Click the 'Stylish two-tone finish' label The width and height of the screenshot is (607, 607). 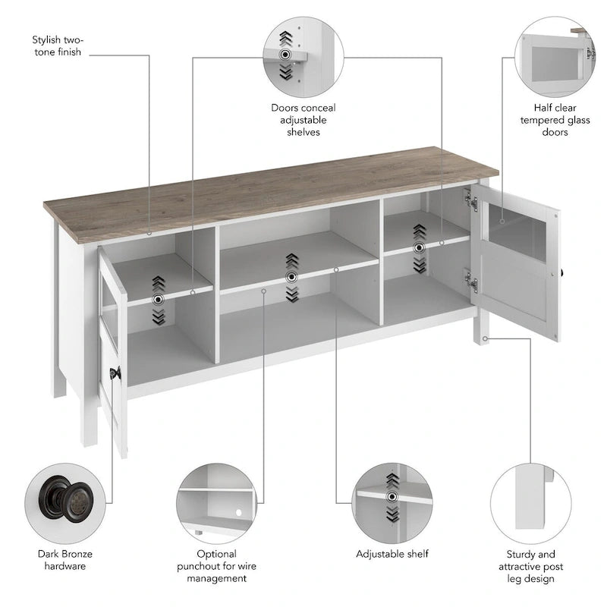pyautogui.click(x=58, y=46)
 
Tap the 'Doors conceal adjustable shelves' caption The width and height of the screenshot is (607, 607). pyautogui.click(x=303, y=120)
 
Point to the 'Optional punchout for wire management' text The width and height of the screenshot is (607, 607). pyautogui.click(x=216, y=565)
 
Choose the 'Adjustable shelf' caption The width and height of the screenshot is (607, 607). pyautogui.click(x=392, y=554)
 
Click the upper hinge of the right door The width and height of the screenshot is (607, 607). pyautogui.click(x=472, y=202)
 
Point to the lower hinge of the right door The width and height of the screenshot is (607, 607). pyautogui.click(x=472, y=283)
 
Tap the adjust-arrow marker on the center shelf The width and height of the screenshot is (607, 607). pyautogui.click(x=292, y=276)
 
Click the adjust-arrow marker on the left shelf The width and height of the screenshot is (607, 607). pyautogui.click(x=158, y=299)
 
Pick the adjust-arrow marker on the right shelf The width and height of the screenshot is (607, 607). pyautogui.click(x=419, y=247)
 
